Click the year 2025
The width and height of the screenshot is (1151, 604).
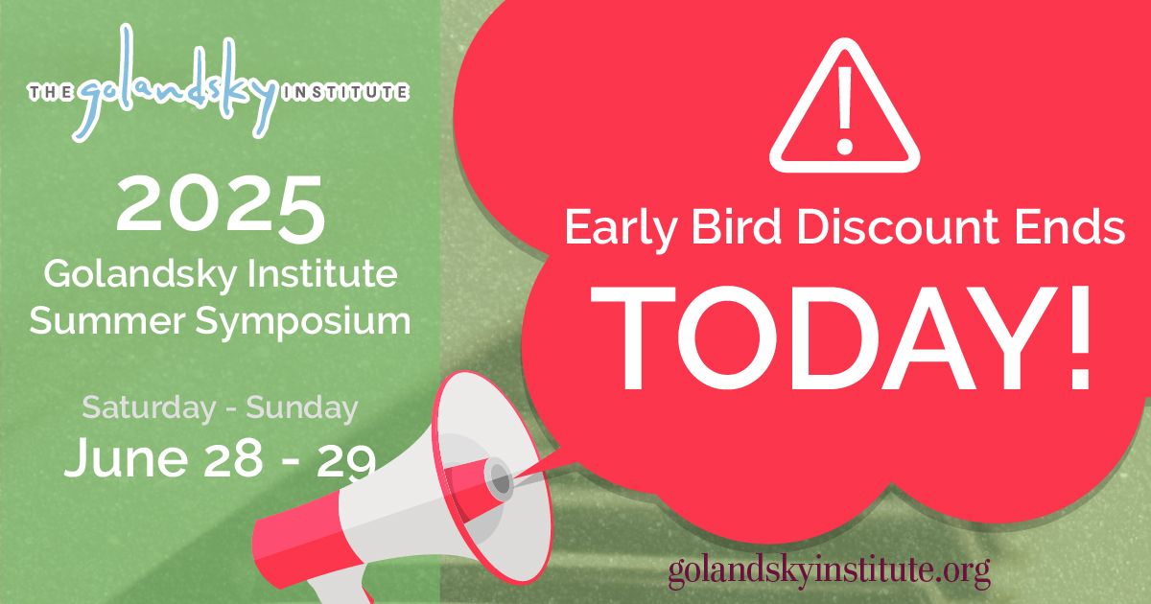point(220,207)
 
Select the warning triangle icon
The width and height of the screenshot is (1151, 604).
point(844,111)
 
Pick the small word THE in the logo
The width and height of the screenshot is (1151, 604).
point(47,93)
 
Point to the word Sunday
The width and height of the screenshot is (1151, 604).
point(302,407)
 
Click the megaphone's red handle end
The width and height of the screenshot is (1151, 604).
point(288,542)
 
